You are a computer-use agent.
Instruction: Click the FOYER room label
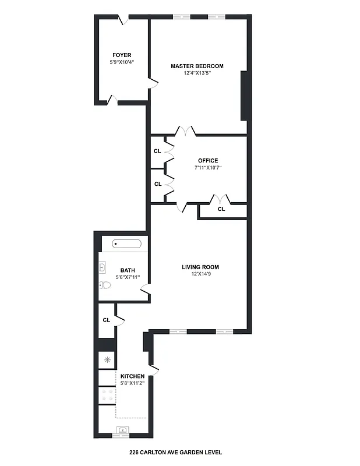pyautogui.click(x=122, y=55)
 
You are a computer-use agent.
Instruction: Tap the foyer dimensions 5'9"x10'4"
pyautogui.click(x=122, y=62)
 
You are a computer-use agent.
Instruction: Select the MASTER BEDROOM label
pyautogui.click(x=197, y=66)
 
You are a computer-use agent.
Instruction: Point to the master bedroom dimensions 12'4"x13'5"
pyautogui.click(x=197, y=73)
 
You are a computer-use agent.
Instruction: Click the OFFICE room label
pyautogui.click(x=207, y=161)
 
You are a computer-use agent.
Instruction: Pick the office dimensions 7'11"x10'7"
pyautogui.click(x=208, y=168)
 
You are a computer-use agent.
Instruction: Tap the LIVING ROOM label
pyautogui.click(x=200, y=267)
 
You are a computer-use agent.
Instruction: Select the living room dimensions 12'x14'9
pyautogui.click(x=200, y=274)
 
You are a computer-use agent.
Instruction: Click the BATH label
pyautogui.click(x=128, y=270)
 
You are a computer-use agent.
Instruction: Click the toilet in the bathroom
pyautogui.click(x=105, y=285)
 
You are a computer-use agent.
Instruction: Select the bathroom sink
pyautogui.click(x=103, y=267)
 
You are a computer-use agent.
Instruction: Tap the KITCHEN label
pyautogui.click(x=132, y=376)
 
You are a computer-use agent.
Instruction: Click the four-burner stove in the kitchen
pyautogui.click(x=107, y=396)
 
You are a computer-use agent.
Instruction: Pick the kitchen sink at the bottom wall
pyautogui.click(x=123, y=431)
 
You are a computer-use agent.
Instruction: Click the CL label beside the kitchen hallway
pyautogui.click(x=107, y=320)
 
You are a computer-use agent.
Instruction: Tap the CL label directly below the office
pyautogui.click(x=221, y=209)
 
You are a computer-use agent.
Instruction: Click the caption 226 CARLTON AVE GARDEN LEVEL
pyautogui.click(x=175, y=452)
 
